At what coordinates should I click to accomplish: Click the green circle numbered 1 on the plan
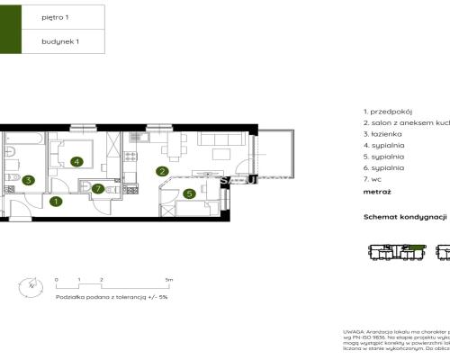point(56,202)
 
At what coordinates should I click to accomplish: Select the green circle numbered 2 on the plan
point(163,171)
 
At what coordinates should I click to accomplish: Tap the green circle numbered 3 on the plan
point(29,180)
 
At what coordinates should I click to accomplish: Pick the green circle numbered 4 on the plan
point(77,162)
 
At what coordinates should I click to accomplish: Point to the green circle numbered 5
point(189,193)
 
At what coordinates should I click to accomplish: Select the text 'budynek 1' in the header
point(60,41)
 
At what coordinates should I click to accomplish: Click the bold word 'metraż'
point(377,191)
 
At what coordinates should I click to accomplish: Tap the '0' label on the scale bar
point(56,280)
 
